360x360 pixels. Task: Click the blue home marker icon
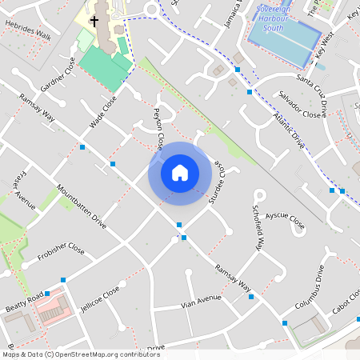click(x=179, y=172)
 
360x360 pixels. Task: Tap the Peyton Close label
click(x=158, y=128)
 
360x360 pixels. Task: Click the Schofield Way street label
click(x=258, y=229)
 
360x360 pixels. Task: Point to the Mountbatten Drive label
click(x=81, y=206)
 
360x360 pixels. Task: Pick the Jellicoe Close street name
click(x=101, y=299)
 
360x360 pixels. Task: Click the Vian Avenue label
click(x=200, y=300)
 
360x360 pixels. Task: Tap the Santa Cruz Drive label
click(x=313, y=90)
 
